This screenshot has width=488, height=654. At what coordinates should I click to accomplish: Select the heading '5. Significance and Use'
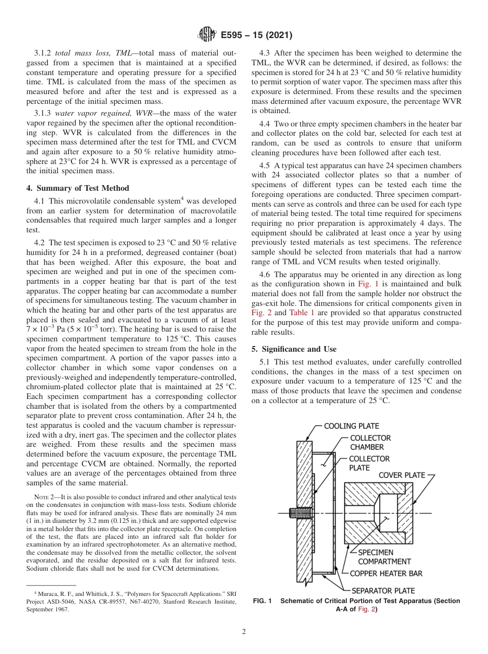[x=294, y=349]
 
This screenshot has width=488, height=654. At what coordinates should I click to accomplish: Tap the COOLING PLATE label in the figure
[x=351, y=426]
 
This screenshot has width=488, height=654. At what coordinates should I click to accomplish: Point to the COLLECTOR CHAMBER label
[x=370, y=443]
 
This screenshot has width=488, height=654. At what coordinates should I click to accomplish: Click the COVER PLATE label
[x=402, y=475]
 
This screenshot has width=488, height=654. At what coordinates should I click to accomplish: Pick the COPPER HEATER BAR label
[x=386, y=573]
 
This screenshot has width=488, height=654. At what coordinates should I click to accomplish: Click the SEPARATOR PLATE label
[x=383, y=591]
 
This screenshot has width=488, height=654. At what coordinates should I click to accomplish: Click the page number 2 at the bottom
[x=243, y=632]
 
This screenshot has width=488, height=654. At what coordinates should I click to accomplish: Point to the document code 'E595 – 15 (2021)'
[x=256, y=35]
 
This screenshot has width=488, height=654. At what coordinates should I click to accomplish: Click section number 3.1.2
[x=43, y=53]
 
